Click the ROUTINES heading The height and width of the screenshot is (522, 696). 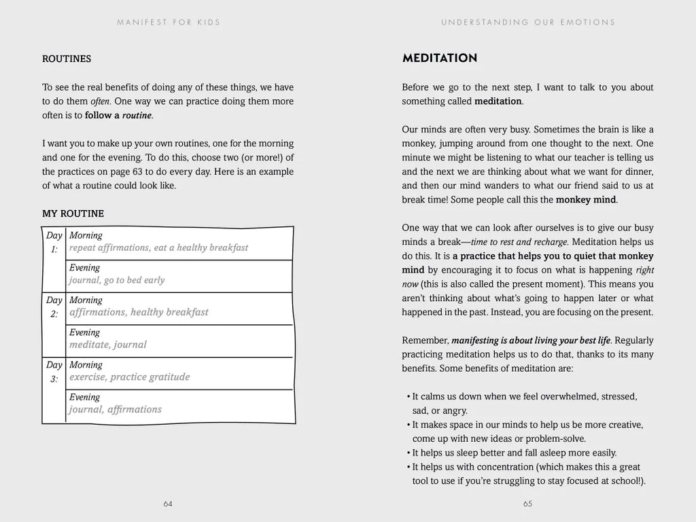67,59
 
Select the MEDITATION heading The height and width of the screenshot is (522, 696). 439,58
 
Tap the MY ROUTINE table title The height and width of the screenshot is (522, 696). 73,213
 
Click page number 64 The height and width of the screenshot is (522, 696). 168,504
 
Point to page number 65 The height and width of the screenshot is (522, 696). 527,504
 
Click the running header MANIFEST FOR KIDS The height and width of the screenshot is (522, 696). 168,22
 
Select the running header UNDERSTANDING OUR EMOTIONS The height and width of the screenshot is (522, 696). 527,22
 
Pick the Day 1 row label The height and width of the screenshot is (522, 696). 54,242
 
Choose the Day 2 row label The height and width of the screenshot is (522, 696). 54,307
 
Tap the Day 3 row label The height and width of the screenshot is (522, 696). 54,371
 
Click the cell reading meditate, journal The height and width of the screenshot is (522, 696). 108,345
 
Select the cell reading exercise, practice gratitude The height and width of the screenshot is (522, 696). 129,377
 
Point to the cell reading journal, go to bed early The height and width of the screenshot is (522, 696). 117,280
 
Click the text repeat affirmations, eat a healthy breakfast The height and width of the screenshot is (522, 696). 158,248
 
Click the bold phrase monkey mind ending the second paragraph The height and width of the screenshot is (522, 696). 585,200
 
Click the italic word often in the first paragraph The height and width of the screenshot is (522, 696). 100,101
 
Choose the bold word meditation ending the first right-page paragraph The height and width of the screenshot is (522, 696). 498,101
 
